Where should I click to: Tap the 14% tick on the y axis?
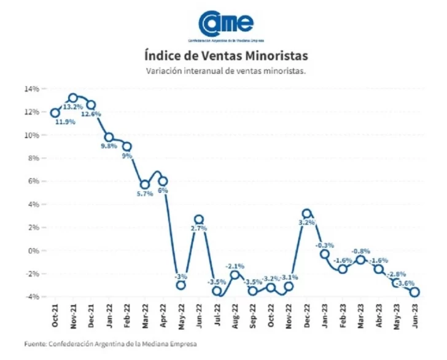(31, 89)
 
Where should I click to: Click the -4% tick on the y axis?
(32, 297)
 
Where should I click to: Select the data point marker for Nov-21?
(73, 98)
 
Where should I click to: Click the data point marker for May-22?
(181, 285)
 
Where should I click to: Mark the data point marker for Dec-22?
(307, 214)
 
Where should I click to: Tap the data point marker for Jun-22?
(199, 219)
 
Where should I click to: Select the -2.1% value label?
(235, 266)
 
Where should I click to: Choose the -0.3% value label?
(325, 245)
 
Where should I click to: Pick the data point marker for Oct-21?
(55, 112)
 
